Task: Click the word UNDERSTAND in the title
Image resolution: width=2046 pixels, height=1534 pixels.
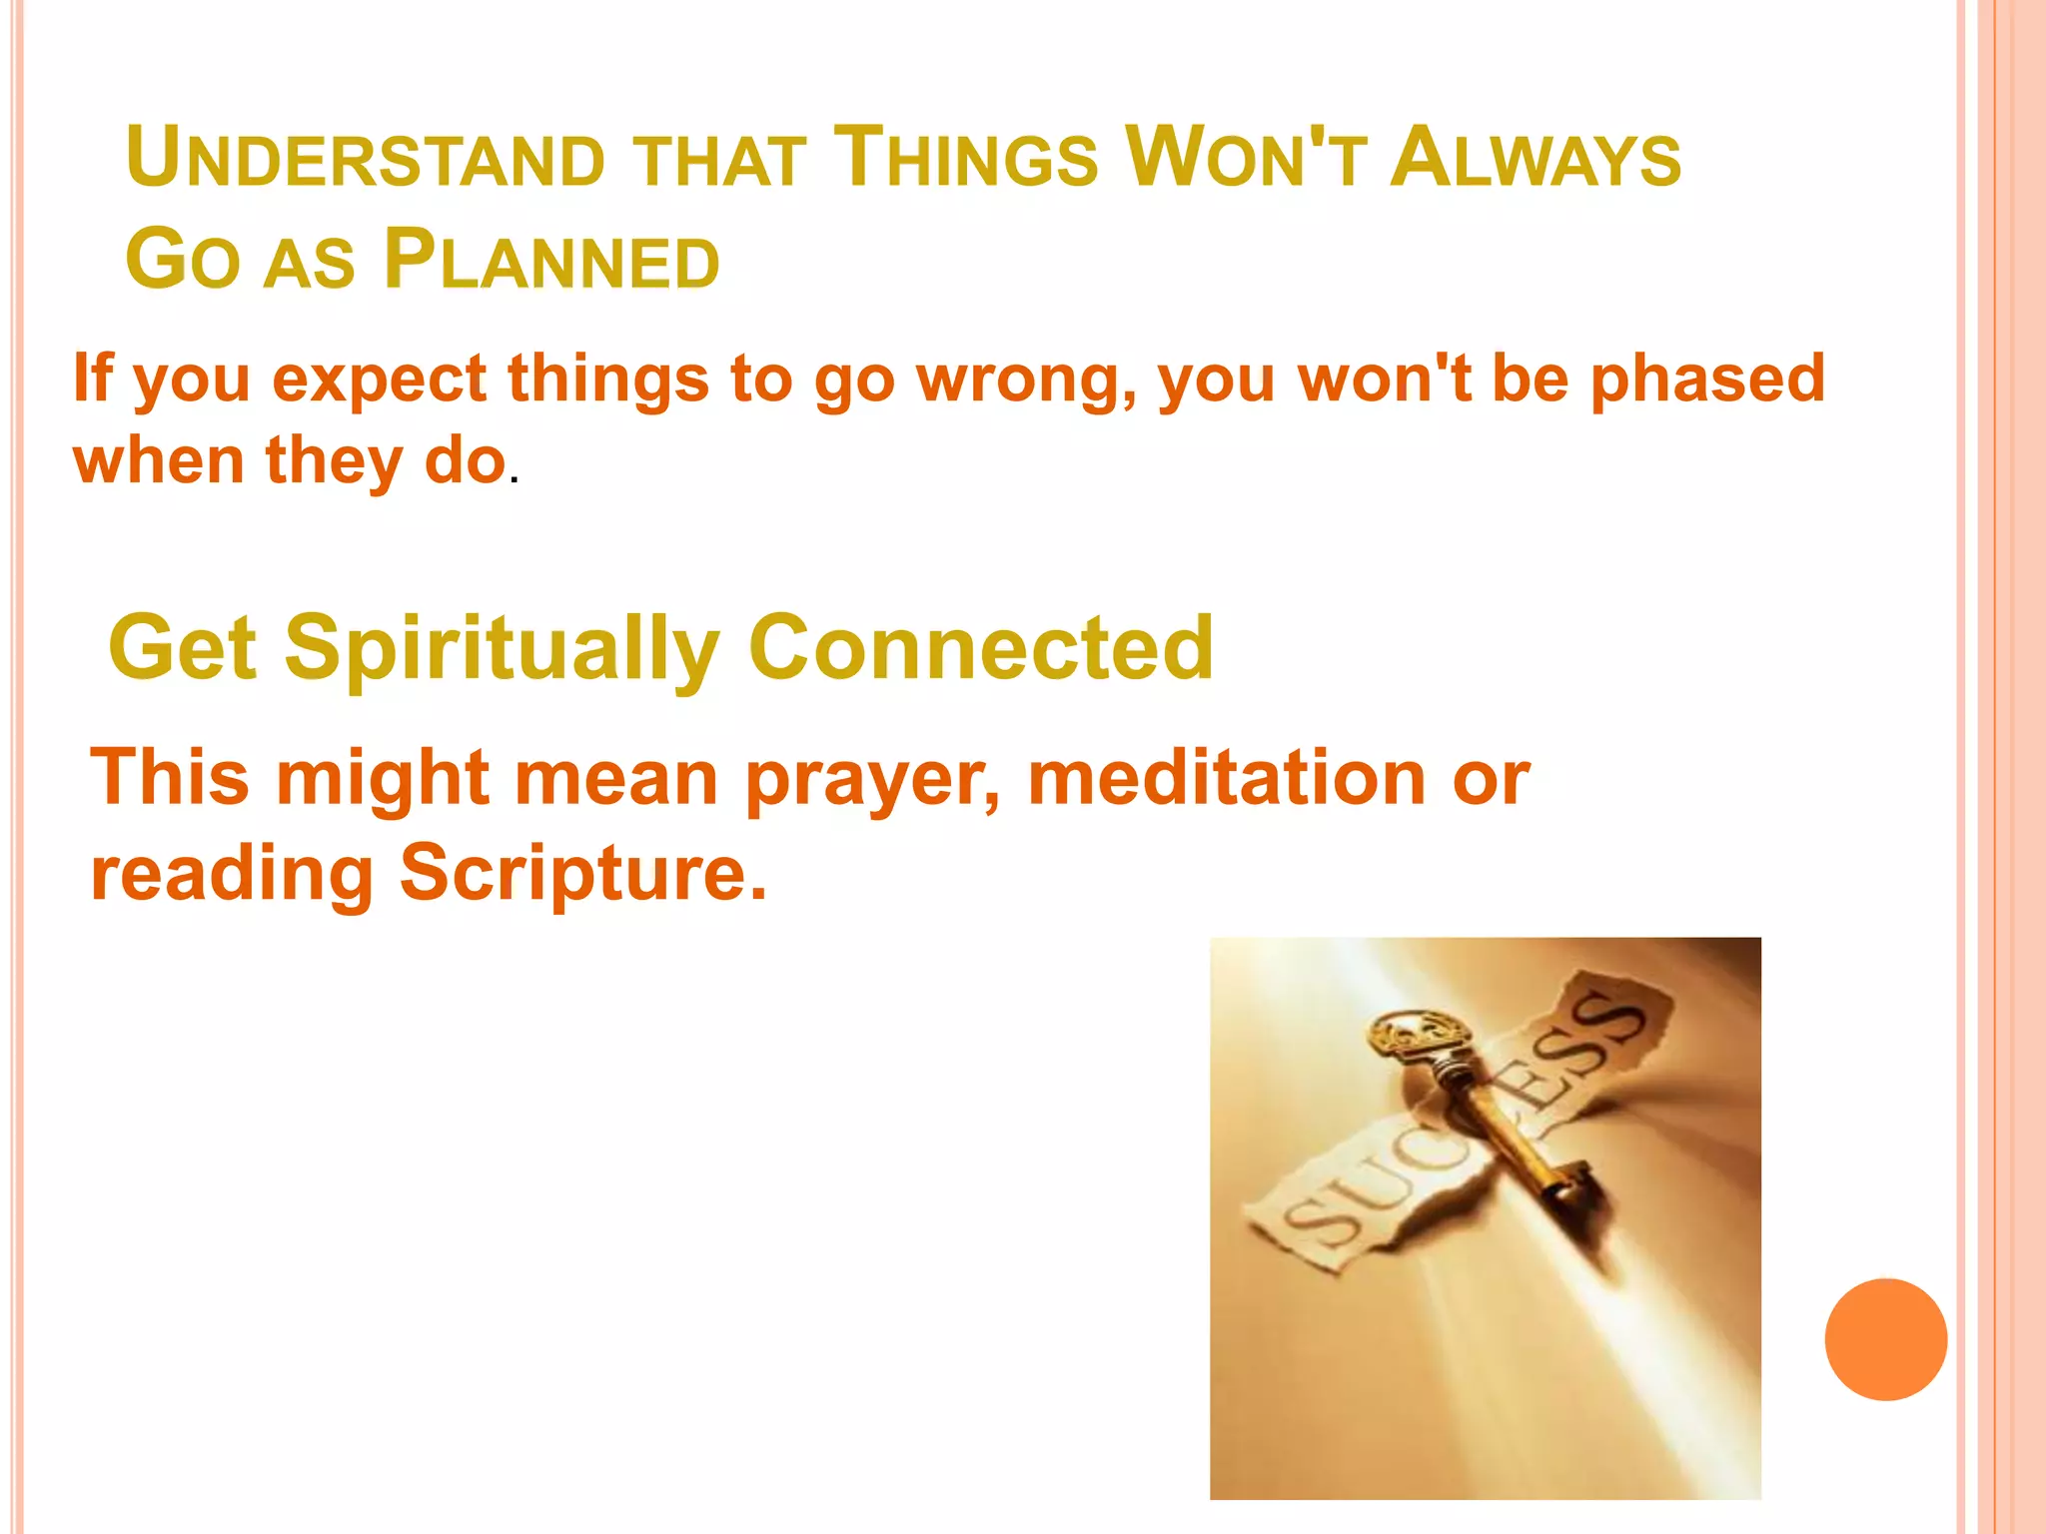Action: pyautogui.click(x=366, y=158)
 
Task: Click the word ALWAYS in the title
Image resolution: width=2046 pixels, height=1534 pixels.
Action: pyautogui.click(x=1535, y=158)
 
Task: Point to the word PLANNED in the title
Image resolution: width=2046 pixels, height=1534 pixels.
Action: pyautogui.click(x=551, y=261)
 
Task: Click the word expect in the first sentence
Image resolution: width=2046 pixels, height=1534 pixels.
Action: pyautogui.click(x=380, y=381)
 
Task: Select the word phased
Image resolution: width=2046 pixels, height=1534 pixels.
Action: pyautogui.click(x=1707, y=381)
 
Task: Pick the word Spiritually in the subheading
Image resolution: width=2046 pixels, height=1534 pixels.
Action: pyautogui.click(x=502, y=649)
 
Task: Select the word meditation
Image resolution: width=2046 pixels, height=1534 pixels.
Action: pyautogui.click(x=1227, y=778)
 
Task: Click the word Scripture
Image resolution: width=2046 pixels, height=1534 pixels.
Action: pyautogui.click(x=582, y=872)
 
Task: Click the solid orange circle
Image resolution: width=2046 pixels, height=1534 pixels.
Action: pyautogui.click(x=1885, y=1339)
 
